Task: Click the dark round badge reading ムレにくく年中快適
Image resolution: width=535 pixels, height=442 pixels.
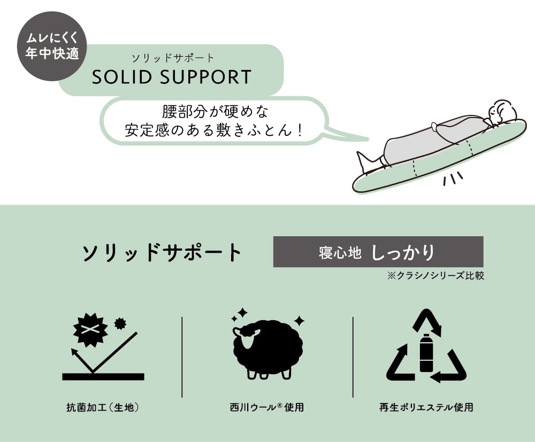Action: (52, 47)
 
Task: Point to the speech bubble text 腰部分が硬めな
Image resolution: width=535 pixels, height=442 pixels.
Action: (215, 112)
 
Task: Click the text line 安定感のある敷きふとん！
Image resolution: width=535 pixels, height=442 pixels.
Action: (215, 130)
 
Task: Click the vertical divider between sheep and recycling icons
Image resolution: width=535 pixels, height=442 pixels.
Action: (353, 356)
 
